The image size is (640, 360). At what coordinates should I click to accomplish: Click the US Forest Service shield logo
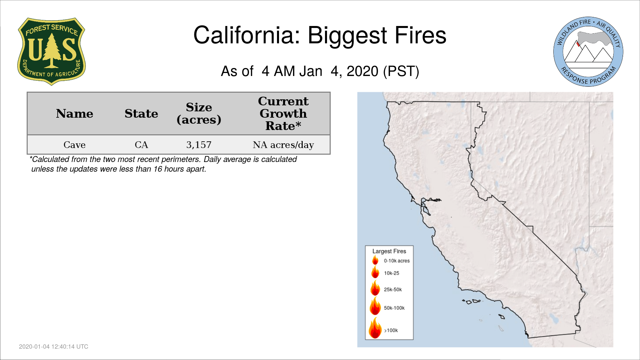(51, 51)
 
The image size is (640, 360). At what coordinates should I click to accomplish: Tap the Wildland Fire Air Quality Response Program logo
(588, 52)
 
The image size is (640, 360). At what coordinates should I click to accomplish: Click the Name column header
(75, 114)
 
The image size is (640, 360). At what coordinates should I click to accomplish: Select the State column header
(141, 114)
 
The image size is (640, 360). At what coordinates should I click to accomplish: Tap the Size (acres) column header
(199, 113)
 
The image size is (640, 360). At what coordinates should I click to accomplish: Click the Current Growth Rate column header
(283, 113)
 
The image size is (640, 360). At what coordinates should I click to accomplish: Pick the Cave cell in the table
(75, 145)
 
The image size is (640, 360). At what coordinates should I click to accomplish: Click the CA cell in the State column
(141, 145)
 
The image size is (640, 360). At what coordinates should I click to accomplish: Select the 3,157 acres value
(199, 145)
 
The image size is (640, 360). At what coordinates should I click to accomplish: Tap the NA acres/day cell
(283, 145)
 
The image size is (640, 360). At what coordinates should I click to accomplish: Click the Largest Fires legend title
(389, 251)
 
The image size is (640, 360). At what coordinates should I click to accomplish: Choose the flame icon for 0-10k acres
(375, 260)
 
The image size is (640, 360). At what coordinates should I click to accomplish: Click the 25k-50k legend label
(393, 289)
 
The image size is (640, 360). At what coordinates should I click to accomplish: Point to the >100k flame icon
(375, 328)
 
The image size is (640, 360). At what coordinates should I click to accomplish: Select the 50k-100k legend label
(394, 308)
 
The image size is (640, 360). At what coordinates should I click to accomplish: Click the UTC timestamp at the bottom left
(54, 347)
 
